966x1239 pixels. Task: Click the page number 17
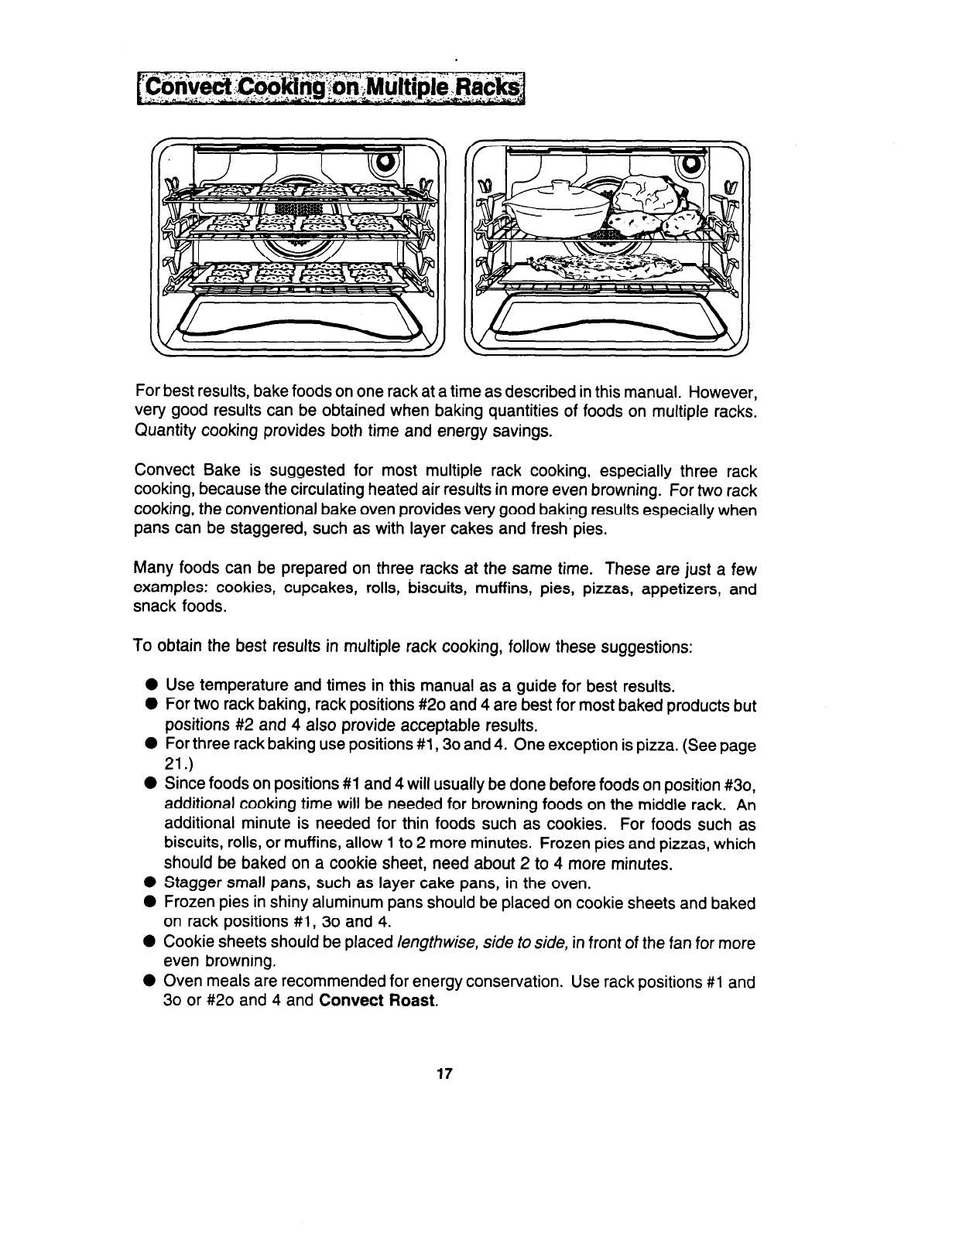[444, 1073]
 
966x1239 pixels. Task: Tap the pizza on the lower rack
[604, 266]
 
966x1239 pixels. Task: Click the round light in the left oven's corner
[385, 164]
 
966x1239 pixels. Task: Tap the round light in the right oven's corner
[690, 164]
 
